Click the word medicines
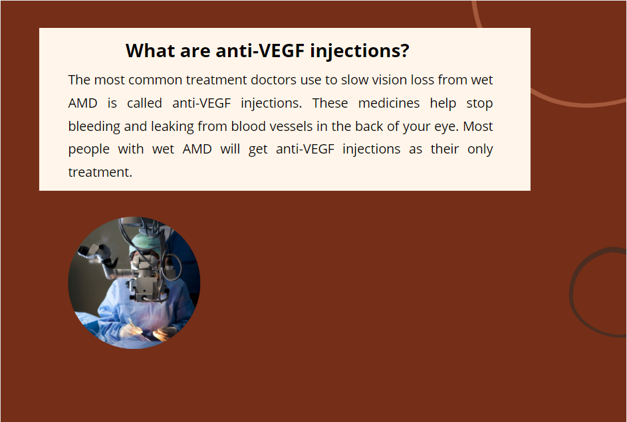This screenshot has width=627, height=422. (389, 103)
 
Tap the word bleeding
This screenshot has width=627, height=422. (94, 126)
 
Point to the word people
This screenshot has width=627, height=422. (89, 150)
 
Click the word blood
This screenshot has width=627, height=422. (245, 126)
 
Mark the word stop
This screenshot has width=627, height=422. (479, 104)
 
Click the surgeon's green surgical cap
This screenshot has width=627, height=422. (144, 243)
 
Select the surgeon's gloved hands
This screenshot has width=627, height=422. (148, 332)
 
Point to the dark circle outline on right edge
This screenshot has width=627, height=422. (572, 294)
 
